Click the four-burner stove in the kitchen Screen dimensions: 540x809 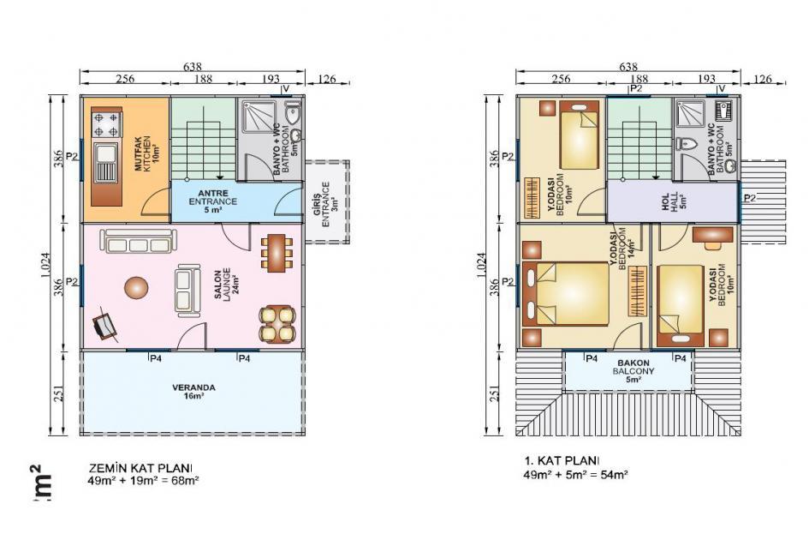click(x=105, y=123)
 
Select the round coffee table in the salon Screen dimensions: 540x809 click(x=135, y=287)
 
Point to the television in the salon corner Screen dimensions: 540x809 click(x=105, y=326)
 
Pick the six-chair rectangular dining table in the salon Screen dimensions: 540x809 click(x=275, y=252)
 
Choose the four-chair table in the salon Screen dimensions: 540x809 click(x=276, y=324)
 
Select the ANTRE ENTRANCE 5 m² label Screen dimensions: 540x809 click(x=212, y=201)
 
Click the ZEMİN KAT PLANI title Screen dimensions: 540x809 click(x=140, y=468)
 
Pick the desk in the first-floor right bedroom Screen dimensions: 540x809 click(x=711, y=233)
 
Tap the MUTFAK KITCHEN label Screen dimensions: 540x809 click(x=143, y=154)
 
